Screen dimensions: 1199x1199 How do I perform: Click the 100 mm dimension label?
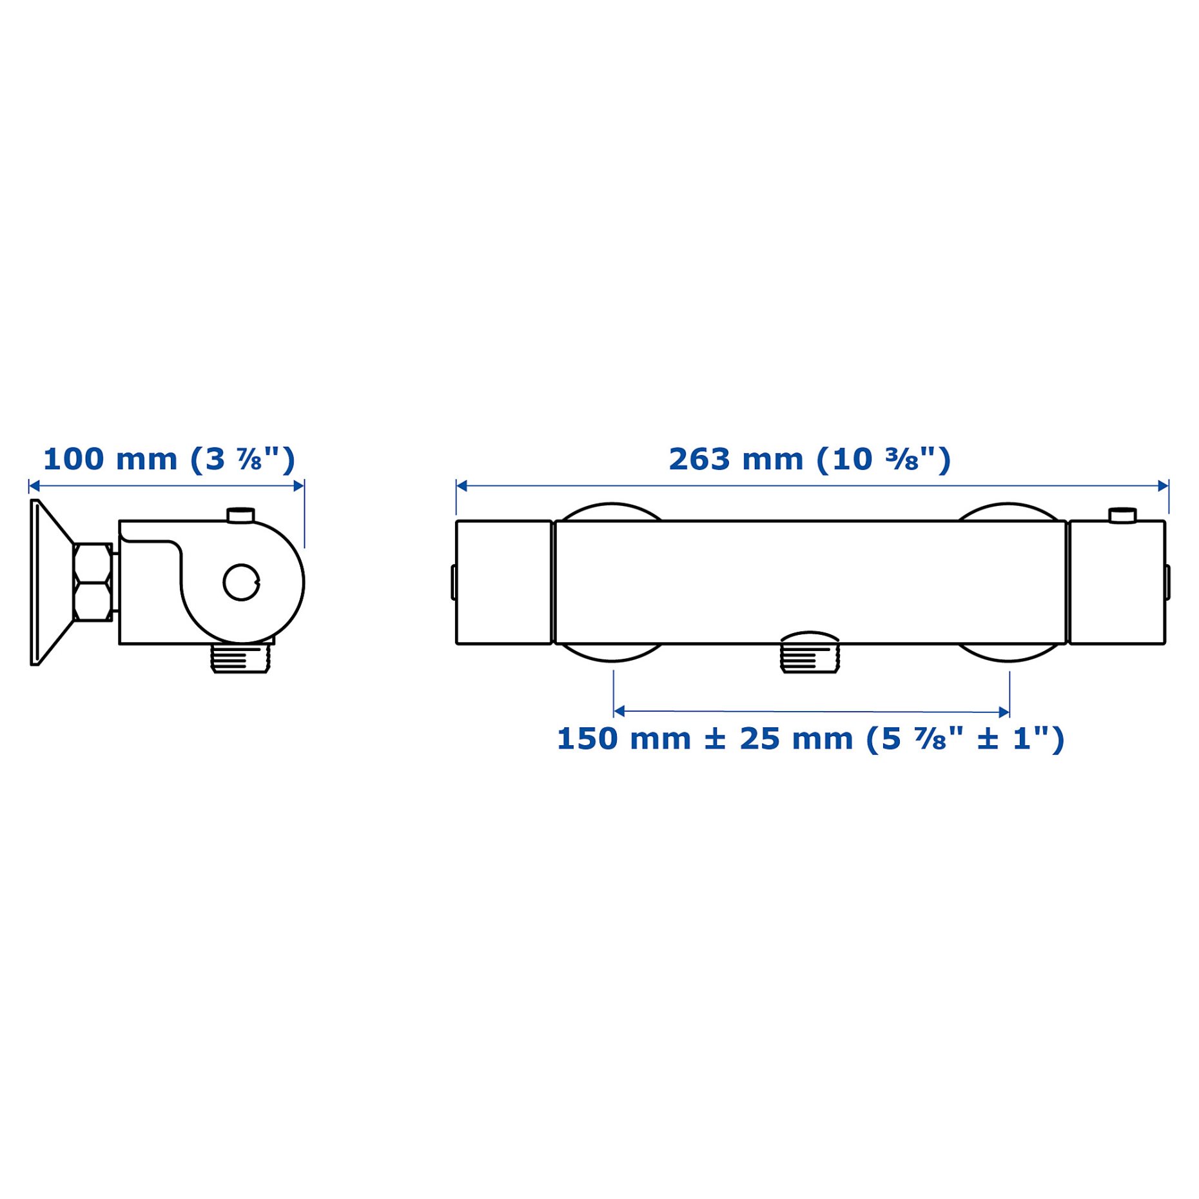(x=169, y=460)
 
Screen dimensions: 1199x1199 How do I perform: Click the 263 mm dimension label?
(x=809, y=460)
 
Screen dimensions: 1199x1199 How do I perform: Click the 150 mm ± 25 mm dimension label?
(x=810, y=739)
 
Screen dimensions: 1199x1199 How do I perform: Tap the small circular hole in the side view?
(x=241, y=582)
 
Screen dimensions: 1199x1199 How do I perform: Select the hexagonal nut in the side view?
(x=92, y=582)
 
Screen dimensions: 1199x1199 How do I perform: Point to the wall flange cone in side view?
(x=52, y=582)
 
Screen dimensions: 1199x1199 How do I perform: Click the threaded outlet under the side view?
(x=239, y=659)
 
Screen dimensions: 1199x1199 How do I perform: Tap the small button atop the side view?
(x=240, y=514)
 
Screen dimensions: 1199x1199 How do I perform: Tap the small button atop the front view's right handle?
(x=1122, y=515)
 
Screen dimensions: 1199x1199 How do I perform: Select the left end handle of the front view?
(x=503, y=582)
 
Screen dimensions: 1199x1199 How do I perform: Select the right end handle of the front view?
(x=1116, y=582)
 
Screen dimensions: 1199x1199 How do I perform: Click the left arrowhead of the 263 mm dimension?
(x=462, y=485)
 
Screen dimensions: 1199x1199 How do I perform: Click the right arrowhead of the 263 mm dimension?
(x=1163, y=485)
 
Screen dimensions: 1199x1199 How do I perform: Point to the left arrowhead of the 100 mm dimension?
(x=34, y=485)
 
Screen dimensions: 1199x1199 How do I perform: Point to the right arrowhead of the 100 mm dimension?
(x=298, y=485)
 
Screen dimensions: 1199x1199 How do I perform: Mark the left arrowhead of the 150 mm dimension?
(x=619, y=712)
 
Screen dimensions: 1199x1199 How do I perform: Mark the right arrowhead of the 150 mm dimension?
(x=1004, y=712)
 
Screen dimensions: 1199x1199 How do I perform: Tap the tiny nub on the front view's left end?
(x=453, y=582)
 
